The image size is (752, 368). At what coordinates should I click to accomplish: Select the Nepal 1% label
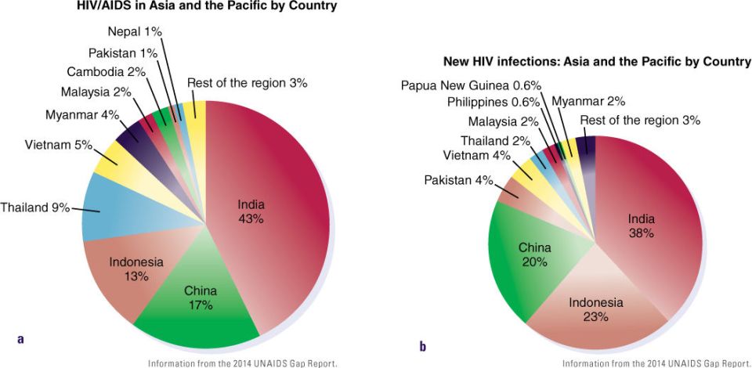(136, 32)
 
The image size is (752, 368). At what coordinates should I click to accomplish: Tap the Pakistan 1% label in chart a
(123, 52)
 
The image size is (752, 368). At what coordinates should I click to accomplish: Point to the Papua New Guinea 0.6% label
(472, 86)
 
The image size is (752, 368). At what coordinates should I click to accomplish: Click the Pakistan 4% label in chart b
(458, 181)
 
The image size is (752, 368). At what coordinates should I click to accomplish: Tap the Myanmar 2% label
(588, 101)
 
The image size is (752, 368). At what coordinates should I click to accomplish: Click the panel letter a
(20, 339)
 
